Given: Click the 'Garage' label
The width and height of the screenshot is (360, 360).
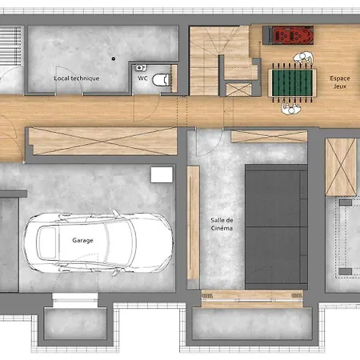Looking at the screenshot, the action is point(82,240).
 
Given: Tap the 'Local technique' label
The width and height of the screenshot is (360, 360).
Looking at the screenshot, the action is point(77,78).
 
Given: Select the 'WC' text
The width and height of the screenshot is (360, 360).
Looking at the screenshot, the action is point(142,78).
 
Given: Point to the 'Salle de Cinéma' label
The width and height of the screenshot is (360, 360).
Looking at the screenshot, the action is point(222,224).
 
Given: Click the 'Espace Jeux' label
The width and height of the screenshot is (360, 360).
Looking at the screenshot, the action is point(340,82).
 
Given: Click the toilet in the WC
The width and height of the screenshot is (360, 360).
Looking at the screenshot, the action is point(161,80).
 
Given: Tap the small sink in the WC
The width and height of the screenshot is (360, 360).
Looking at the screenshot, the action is point(141,68).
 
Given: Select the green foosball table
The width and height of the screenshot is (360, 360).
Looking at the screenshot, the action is point(292,82).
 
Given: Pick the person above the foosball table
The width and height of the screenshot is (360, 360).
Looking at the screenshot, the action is point(303,58).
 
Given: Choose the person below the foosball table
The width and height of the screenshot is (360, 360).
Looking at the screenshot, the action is point(291,109).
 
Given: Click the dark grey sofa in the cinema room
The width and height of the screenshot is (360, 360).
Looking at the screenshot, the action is point(276,227).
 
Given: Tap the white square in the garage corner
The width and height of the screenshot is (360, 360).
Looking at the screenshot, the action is point(162,175).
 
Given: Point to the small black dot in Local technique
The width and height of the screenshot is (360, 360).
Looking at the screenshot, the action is point(114,58).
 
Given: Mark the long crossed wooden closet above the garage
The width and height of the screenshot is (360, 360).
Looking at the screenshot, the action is point(102,141).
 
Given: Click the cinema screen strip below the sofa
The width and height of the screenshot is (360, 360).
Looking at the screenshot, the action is point(252,298).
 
